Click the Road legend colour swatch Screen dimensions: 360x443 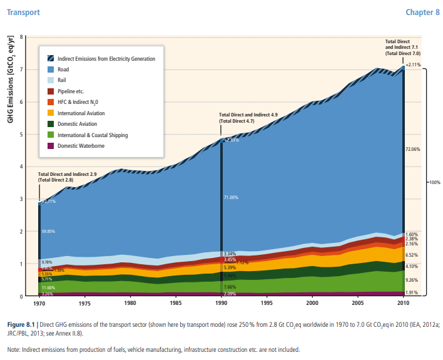tap(50, 69)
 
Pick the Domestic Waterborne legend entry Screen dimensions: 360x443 tap(81, 146)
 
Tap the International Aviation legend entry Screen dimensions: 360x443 tap(81, 113)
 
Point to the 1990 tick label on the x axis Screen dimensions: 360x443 tap(220, 303)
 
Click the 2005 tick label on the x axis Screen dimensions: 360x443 tap(357, 303)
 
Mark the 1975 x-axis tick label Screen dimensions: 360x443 tap(84, 303)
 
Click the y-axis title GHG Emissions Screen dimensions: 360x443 tap(11, 78)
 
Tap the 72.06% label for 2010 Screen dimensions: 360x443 tap(412, 150)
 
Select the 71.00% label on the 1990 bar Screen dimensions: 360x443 tap(231, 198)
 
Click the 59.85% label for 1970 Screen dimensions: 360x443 tap(48, 231)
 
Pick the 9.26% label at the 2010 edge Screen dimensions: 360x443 tap(411, 280)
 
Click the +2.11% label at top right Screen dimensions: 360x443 tap(413, 64)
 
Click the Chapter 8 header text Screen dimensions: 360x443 tap(422, 12)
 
